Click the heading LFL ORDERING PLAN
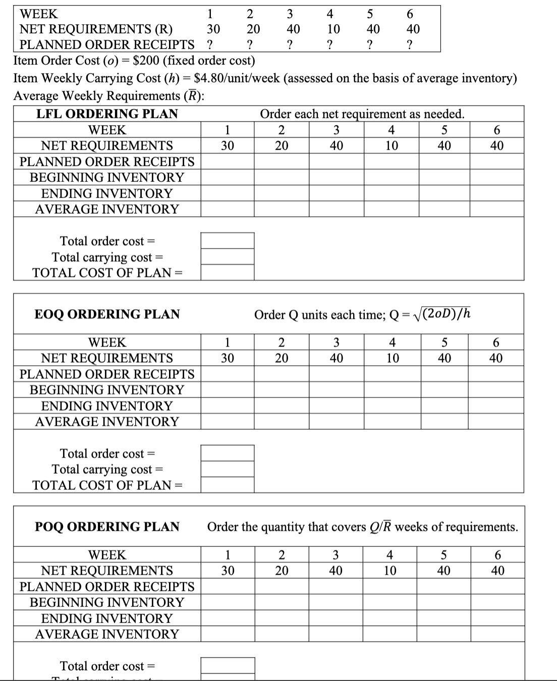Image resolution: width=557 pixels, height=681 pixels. coord(107,114)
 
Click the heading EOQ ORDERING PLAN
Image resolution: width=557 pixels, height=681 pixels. coord(107,314)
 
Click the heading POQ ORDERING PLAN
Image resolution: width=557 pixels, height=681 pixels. coord(107,527)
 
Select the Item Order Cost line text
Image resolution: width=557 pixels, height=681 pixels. coord(134,61)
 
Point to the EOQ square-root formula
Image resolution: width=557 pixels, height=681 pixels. coord(444,314)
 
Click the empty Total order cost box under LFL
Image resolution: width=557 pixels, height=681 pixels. coord(228,241)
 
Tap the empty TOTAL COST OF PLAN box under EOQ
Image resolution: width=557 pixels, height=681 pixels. coord(228,485)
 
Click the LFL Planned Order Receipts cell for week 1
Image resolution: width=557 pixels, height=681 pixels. coord(228,161)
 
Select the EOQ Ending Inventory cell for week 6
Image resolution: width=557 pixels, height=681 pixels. coord(496,406)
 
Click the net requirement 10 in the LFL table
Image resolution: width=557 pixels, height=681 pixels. coord(392,146)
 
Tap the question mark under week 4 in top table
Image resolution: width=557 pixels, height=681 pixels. coord(329,45)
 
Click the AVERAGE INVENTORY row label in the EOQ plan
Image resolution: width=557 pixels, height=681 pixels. coord(107,422)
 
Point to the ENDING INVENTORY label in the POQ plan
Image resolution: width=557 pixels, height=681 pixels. coord(107,618)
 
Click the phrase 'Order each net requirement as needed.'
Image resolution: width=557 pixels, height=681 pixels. coord(362,114)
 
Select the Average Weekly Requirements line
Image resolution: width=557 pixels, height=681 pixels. coord(108,96)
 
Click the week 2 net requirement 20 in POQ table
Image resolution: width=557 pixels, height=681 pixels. coord(282,571)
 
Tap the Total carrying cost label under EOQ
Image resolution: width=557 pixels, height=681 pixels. coord(107,469)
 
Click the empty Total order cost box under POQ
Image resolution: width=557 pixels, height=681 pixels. coord(228,665)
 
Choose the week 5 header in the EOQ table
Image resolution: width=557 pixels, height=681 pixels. coord(444,343)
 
